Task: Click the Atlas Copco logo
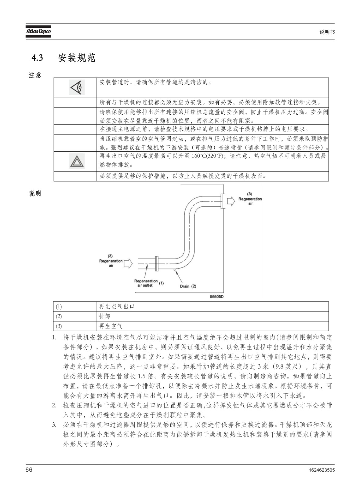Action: pyautogui.click(x=38, y=31)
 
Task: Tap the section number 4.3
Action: pyautogui.click(x=37, y=58)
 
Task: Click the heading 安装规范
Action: pyautogui.click(x=77, y=58)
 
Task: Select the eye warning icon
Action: pyautogui.click(x=77, y=87)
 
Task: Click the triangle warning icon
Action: pyautogui.click(x=77, y=161)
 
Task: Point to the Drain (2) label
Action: pyautogui.click(x=188, y=286)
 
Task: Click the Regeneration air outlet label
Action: pyautogui.click(x=146, y=283)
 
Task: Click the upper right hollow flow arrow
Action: pyautogui.click(x=231, y=201)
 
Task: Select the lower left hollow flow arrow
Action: pyautogui.click(x=128, y=263)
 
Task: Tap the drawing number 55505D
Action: pyautogui.click(x=217, y=297)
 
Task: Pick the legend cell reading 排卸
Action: pyautogui.click(x=213, y=316)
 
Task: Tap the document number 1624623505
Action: pyautogui.click(x=322, y=469)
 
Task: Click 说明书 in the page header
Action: pyautogui.click(x=327, y=32)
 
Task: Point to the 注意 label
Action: pyautogui.click(x=35, y=75)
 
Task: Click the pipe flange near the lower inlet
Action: pyautogui.click(x=157, y=263)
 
